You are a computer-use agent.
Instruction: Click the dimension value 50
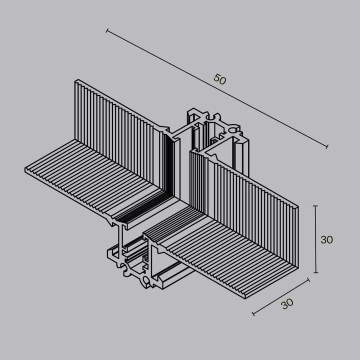pos(220,79)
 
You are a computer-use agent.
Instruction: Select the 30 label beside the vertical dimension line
pos(326,239)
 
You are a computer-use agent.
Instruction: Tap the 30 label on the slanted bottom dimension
pos(287,303)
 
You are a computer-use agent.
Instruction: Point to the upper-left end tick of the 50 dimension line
pos(107,31)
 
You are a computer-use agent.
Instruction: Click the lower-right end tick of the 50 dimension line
pos(326,147)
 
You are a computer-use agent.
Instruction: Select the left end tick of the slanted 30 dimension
pos(253,314)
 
